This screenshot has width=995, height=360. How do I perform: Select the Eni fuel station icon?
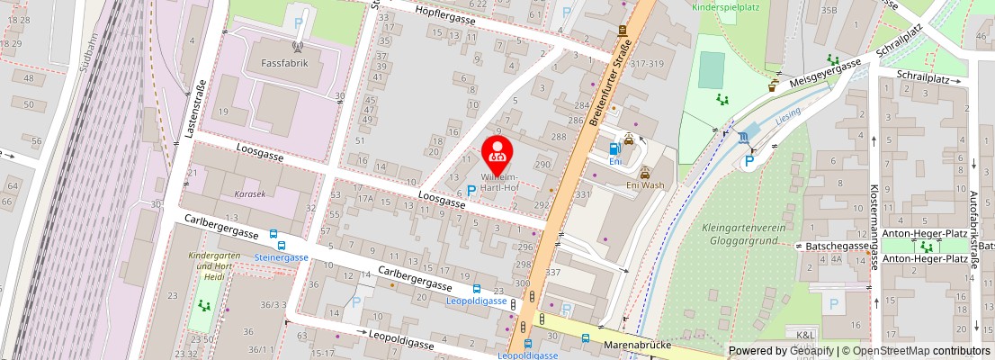614,148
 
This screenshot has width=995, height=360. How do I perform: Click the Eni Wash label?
644,185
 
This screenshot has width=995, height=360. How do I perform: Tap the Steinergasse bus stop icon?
282,245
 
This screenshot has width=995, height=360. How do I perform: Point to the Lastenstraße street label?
196,108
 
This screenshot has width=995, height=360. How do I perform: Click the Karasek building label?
249,193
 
